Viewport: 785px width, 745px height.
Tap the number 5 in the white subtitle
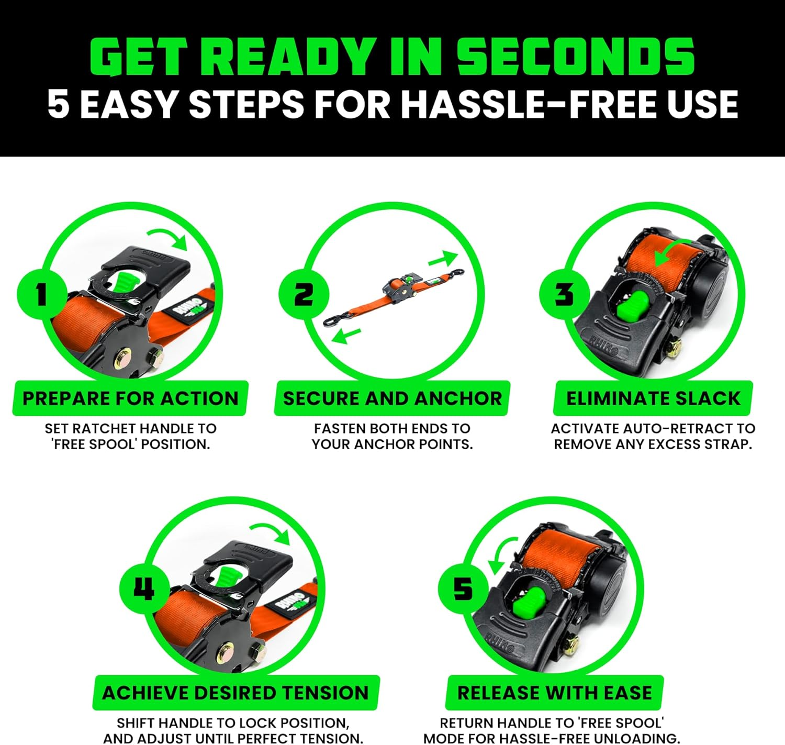tap(58, 104)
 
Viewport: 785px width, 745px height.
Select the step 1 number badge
tap(41, 294)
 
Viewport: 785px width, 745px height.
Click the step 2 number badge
tap(304, 294)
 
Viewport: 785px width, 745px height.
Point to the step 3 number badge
tap(564, 294)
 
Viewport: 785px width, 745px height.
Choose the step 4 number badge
tap(144, 588)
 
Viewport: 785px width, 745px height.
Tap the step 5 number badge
tap(463, 588)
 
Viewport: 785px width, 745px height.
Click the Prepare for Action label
tap(130, 398)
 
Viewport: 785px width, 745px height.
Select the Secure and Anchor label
tap(392, 398)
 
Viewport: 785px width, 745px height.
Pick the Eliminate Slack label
tap(653, 398)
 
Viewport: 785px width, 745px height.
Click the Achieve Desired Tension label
tap(235, 693)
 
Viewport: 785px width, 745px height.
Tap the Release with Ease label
tap(555, 693)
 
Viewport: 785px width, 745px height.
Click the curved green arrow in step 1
tap(169, 237)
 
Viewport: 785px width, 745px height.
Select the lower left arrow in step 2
tap(346, 335)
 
